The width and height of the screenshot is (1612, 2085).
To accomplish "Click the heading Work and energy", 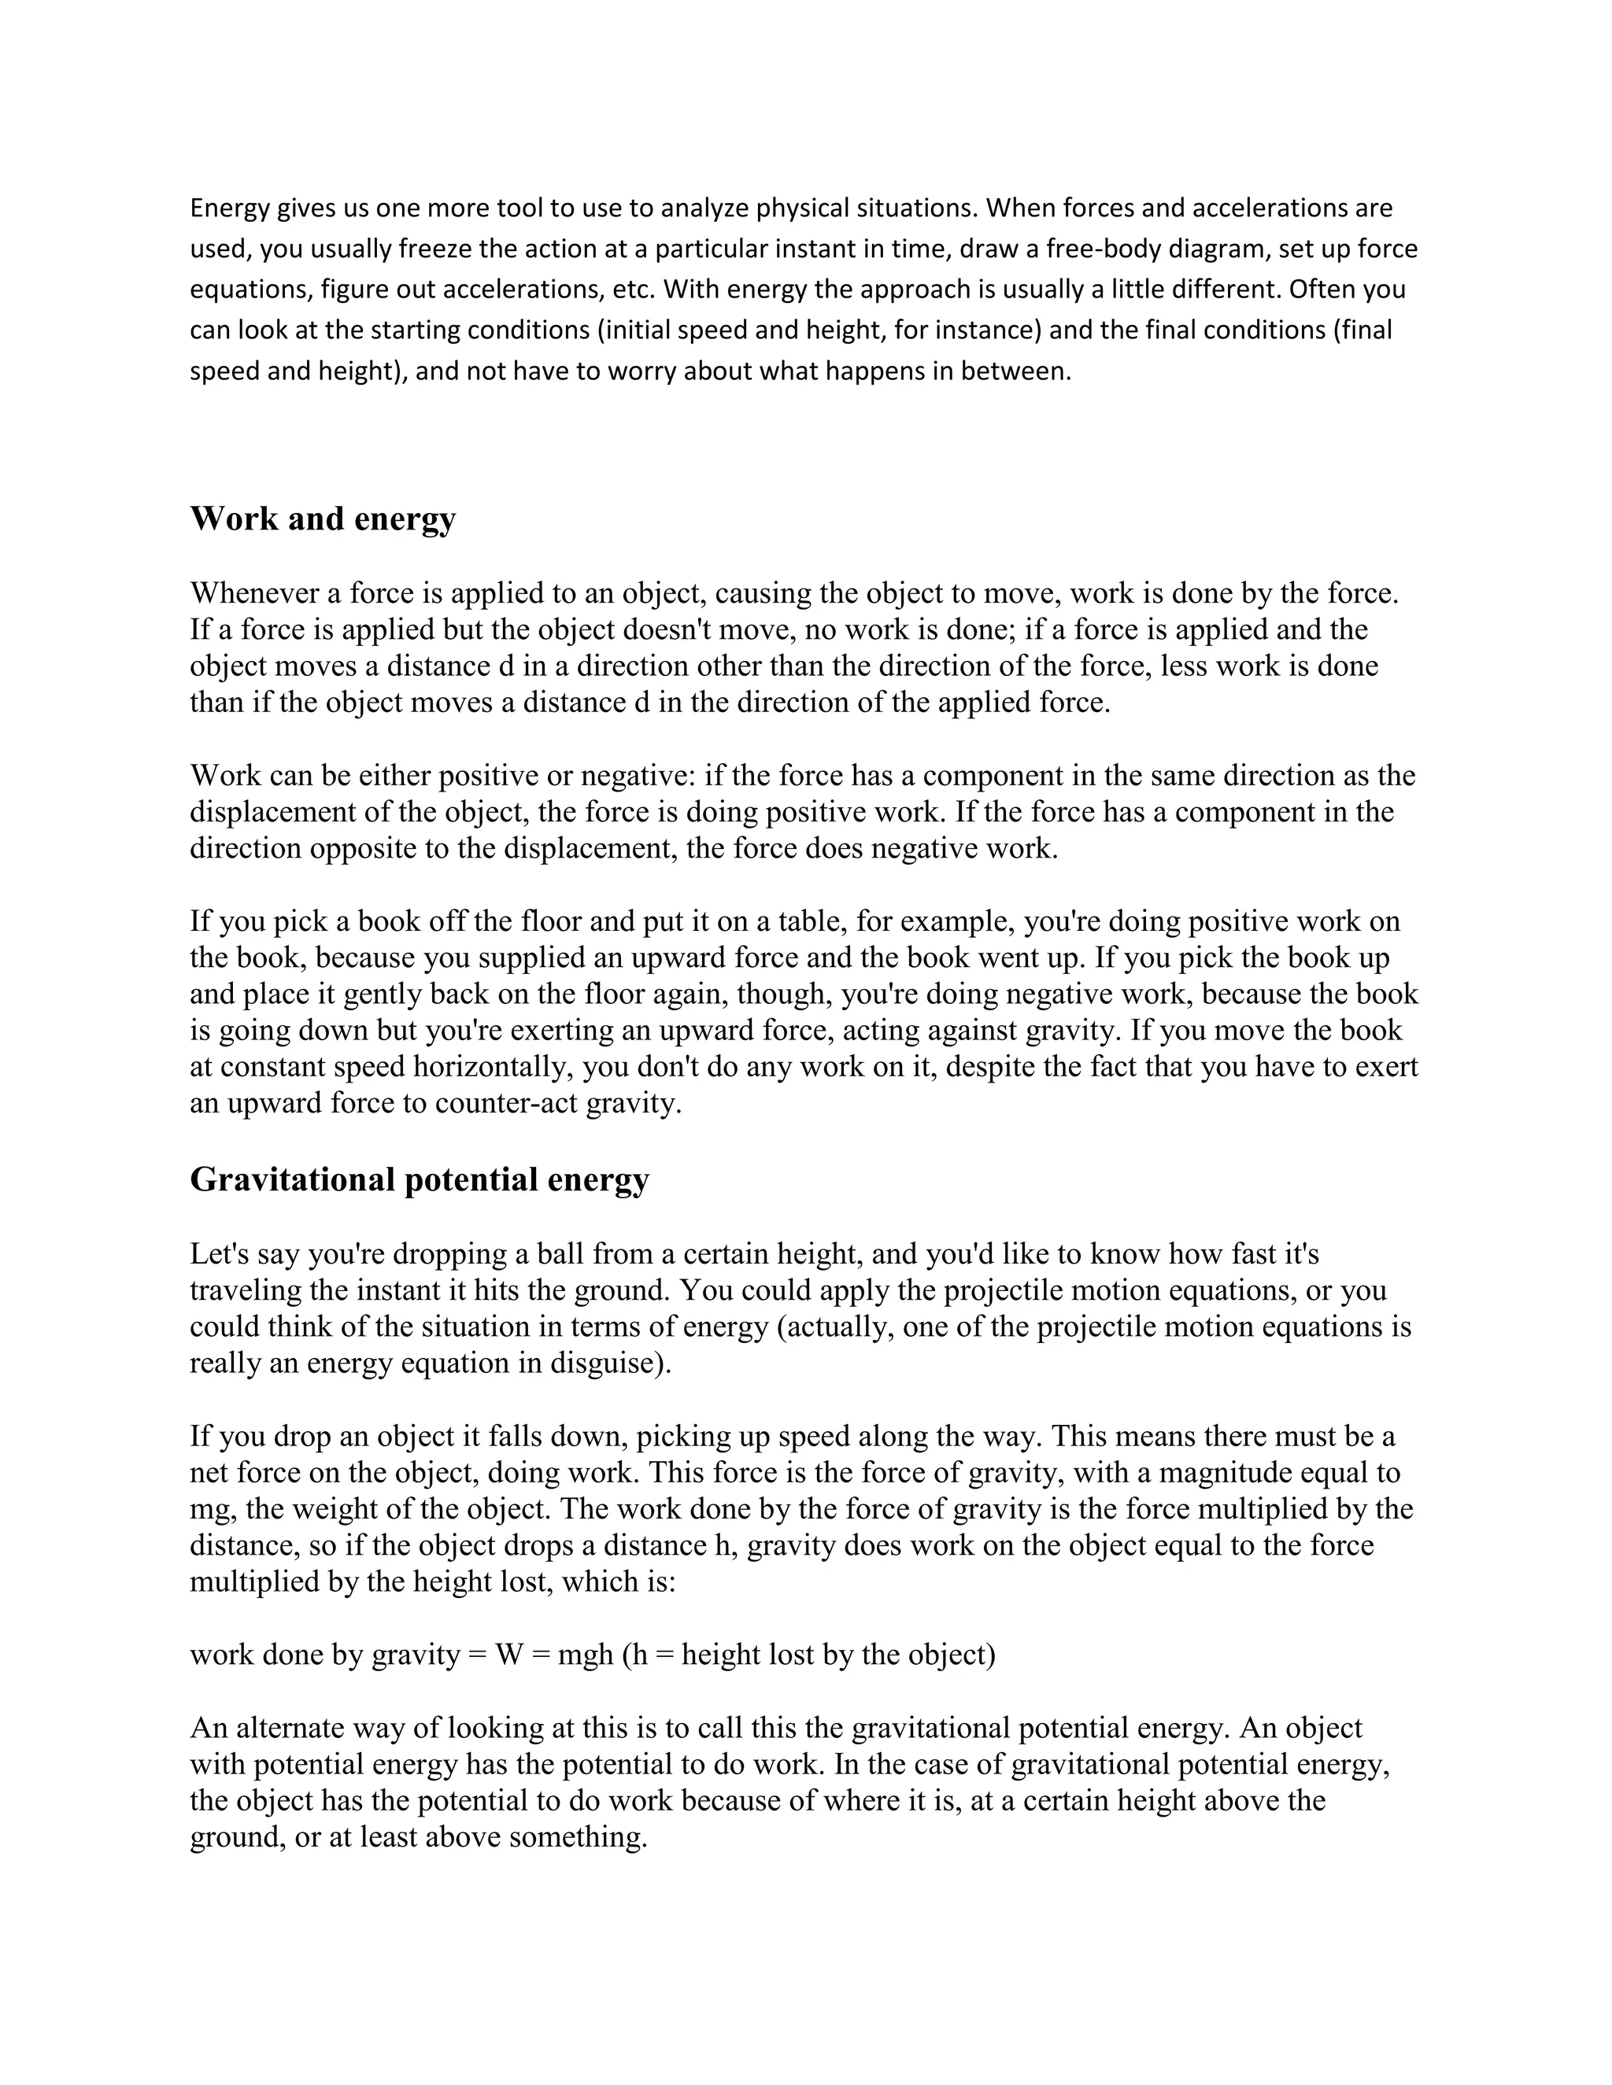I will (323, 519).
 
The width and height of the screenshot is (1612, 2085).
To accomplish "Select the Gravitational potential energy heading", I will (420, 1180).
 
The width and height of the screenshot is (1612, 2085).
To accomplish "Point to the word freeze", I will (435, 249).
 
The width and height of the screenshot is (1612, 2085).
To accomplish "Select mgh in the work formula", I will (585, 1655).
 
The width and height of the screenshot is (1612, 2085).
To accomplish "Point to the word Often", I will (1322, 290).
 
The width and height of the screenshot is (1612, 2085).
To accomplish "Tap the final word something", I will (578, 1837).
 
